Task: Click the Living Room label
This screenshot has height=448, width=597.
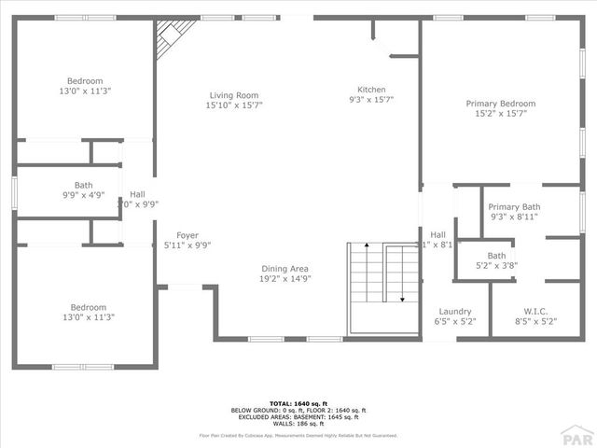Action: (233, 95)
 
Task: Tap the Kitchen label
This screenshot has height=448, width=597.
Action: (371, 90)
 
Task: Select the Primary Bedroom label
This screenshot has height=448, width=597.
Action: (501, 104)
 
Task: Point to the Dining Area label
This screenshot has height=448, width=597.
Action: (285, 269)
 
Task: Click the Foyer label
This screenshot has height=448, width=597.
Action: (187, 235)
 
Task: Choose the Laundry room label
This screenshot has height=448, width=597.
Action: (455, 312)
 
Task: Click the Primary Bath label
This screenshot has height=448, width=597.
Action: (514, 207)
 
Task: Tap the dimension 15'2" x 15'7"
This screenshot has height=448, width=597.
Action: (501, 113)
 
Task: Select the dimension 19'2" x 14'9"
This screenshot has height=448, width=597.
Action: (285, 278)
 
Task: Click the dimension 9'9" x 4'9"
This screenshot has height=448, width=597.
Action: (84, 196)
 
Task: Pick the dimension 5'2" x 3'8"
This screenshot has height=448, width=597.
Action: (496, 265)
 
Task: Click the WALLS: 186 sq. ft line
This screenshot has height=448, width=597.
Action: (298, 423)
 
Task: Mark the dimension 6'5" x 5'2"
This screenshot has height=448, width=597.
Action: (455, 321)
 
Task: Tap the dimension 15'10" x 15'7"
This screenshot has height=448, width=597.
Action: (233, 105)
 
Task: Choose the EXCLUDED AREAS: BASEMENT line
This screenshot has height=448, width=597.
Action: (298, 416)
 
